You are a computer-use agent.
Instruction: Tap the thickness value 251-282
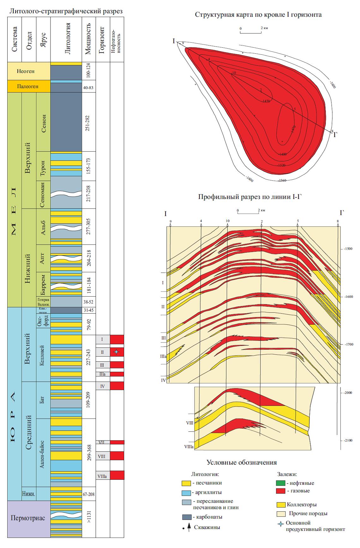pyautogui.click(x=88, y=122)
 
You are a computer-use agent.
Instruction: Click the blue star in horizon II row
pyautogui.click(x=117, y=352)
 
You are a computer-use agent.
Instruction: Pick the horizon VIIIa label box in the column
pyautogui.click(x=103, y=476)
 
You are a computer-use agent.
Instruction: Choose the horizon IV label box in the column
pyautogui.click(x=103, y=386)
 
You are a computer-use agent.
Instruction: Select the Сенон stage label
pyautogui.click(x=43, y=122)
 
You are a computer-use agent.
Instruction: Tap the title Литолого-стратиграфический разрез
pyautogui.click(x=66, y=11)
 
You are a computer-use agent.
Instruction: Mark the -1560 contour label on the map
pyautogui.click(x=282, y=180)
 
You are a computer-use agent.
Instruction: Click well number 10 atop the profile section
pyautogui.click(x=227, y=221)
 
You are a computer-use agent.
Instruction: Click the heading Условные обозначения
pyautogui.click(x=242, y=462)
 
